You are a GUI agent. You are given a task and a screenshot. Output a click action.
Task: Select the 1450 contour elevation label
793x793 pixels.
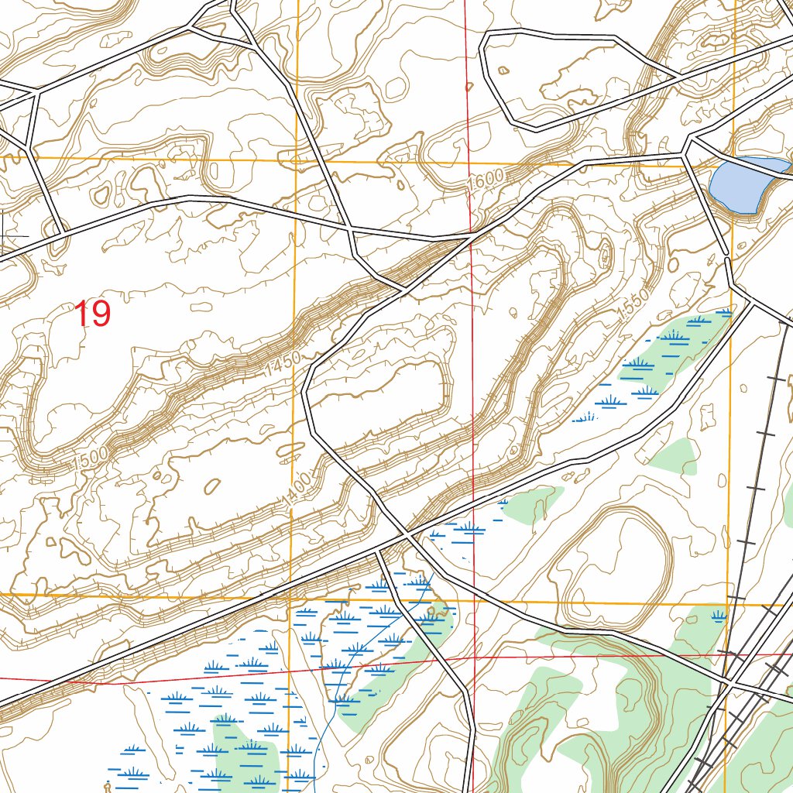click(x=277, y=366)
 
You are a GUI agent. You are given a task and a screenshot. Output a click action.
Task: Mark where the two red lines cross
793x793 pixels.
click(x=474, y=656)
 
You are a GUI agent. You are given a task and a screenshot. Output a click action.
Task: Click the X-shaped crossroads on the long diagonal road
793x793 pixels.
click(x=407, y=534)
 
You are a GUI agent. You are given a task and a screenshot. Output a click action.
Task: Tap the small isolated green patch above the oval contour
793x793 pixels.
click(x=674, y=457)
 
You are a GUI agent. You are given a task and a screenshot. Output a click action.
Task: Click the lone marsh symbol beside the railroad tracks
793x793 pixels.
click(x=719, y=616)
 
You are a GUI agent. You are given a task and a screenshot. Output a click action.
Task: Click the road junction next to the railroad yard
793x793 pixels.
click(x=729, y=684)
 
